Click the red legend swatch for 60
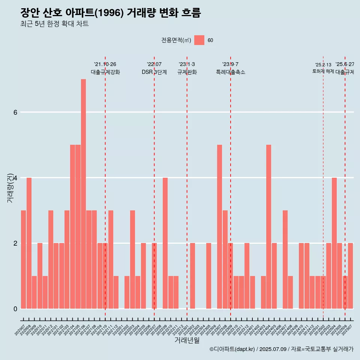pos(199,40)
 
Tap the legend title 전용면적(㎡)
pos(176,40)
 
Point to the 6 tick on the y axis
pos(15,112)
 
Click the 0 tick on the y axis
pos(15,309)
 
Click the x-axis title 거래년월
pos(187,340)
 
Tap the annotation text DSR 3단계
pos(154,72)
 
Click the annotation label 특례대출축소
pos(230,72)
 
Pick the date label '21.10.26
pos(105,64)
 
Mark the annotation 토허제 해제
pos(323,71)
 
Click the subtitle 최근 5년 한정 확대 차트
pos(54,24)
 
